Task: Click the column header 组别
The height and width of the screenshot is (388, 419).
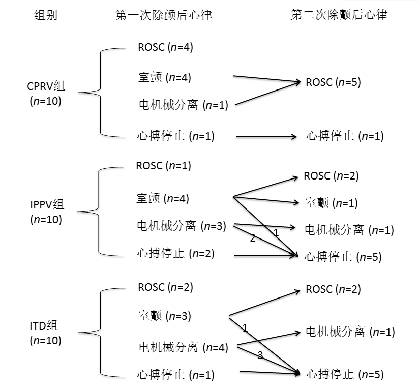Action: click(x=45, y=15)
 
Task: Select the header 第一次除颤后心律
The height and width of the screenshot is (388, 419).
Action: click(x=164, y=15)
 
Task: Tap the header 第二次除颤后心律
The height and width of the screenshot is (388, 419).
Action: click(x=339, y=15)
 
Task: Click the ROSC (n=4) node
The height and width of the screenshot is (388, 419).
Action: click(x=165, y=47)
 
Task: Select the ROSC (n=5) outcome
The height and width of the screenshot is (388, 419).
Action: click(x=333, y=82)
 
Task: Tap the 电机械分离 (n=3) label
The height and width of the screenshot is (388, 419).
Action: click(x=181, y=226)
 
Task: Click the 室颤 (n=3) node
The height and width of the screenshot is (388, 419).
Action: click(x=164, y=316)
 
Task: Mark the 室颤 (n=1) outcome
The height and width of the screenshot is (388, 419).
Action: click(x=331, y=203)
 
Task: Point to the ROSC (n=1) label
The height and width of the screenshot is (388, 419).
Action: click(x=163, y=166)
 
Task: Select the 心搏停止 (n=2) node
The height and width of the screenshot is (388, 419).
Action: click(x=176, y=253)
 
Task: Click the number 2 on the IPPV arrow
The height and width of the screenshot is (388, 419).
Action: click(x=252, y=238)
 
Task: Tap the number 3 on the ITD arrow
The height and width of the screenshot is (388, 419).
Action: click(x=260, y=356)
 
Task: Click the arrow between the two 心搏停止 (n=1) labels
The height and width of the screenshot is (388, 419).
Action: click(x=266, y=136)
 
